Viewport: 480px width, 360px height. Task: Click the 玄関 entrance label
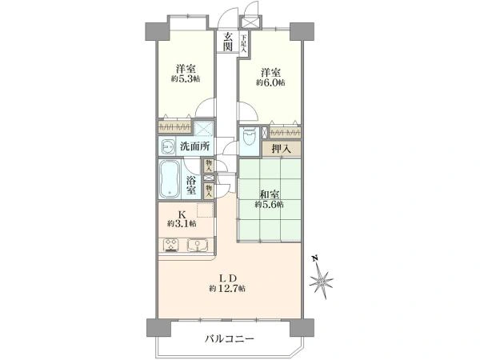(x=229, y=41)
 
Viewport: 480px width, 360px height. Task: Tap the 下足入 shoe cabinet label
(x=244, y=40)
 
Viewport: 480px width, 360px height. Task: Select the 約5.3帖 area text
(x=185, y=79)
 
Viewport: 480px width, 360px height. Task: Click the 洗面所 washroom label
(x=194, y=146)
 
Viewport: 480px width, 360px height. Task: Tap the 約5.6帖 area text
(x=268, y=205)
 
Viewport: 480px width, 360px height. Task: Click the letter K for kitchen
(x=182, y=214)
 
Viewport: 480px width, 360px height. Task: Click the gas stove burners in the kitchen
(x=170, y=246)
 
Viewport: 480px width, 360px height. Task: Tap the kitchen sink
(x=198, y=246)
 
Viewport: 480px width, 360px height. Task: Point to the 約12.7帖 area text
(x=227, y=288)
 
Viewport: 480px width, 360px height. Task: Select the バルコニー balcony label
(x=227, y=338)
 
